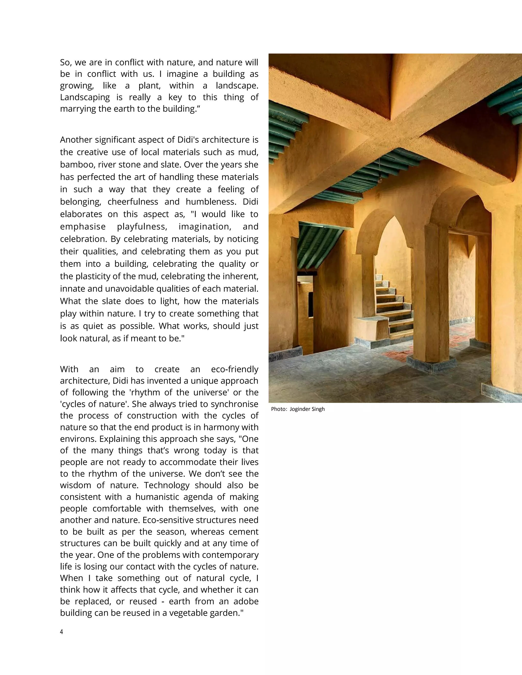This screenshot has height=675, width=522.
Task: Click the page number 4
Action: [x=61, y=632]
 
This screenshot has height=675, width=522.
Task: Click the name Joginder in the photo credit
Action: [x=300, y=409]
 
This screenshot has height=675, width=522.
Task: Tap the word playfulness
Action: [x=142, y=226]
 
